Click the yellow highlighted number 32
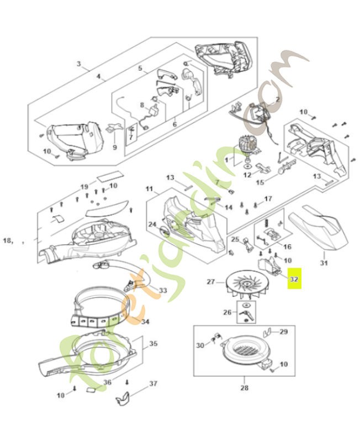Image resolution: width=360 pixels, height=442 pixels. coord(294,280)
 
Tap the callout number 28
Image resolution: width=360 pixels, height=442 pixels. coord(244,388)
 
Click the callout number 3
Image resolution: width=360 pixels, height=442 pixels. coord(79,65)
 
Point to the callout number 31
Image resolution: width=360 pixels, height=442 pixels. coord(324,263)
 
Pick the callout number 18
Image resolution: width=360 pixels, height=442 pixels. coord(8,240)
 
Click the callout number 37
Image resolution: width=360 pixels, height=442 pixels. coord(153,383)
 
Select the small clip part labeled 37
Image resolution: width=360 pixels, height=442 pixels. coord(126,397)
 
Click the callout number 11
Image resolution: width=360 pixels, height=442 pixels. coord(149,189)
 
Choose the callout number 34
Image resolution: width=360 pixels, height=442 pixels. coord(145,322)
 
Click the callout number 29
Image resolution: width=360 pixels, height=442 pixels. coord(284,331)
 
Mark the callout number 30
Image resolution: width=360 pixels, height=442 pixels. coord(200,345)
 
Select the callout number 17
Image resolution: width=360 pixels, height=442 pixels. coord(268,198)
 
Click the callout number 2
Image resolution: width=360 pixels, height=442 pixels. coord(277,99)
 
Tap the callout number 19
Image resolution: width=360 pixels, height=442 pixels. coord(84,186)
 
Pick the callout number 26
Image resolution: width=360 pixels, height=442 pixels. coord(226,312)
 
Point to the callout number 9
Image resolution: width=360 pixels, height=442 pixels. coord(115,148)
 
